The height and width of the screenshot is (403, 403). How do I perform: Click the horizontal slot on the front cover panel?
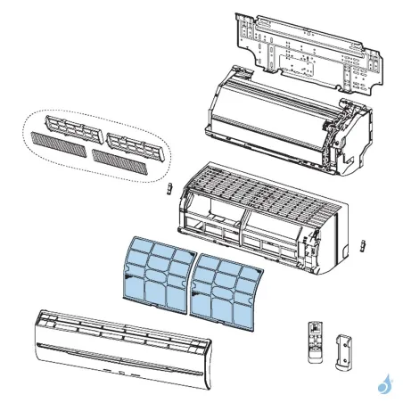point(125,344)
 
